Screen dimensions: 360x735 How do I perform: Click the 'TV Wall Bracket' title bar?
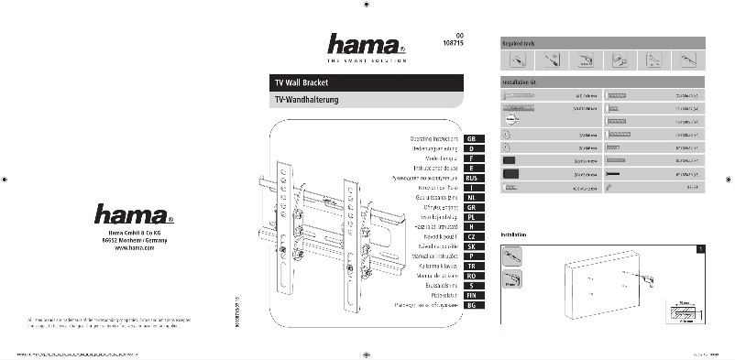(x=373, y=82)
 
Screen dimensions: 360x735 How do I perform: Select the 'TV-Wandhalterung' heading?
(x=373, y=99)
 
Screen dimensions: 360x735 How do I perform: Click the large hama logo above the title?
(x=366, y=43)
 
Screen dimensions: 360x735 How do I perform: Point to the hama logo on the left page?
(x=133, y=216)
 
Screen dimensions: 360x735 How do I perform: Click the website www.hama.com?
(x=134, y=248)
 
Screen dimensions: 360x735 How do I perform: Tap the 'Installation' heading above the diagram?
(x=514, y=235)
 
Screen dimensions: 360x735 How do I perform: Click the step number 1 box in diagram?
(x=701, y=248)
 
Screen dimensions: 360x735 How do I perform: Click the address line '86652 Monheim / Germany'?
(x=134, y=241)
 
